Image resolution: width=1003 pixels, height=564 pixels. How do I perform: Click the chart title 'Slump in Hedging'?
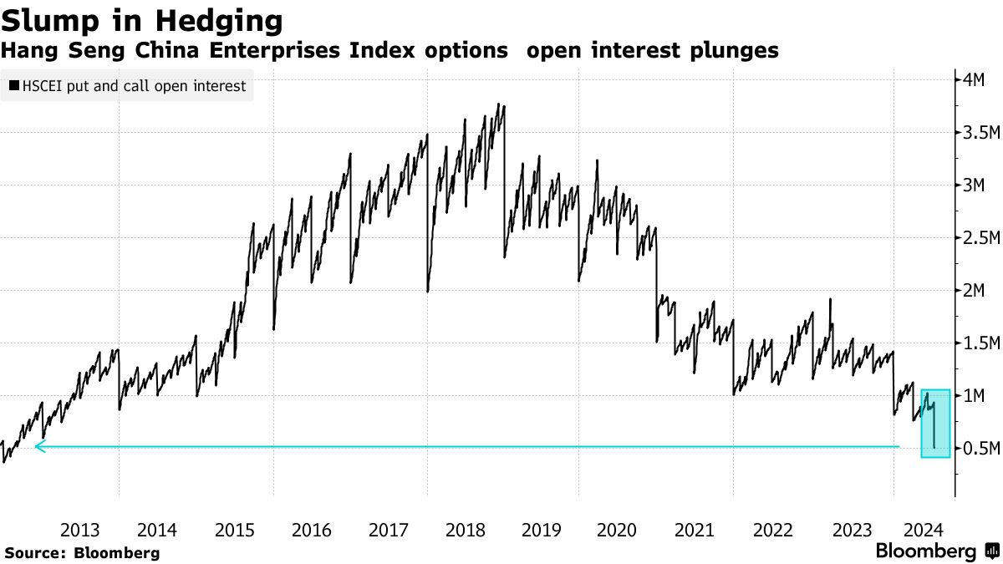[x=141, y=20]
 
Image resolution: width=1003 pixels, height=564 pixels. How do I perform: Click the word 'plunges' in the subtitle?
[x=736, y=51]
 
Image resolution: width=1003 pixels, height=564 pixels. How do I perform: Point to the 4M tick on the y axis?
[x=975, y=80]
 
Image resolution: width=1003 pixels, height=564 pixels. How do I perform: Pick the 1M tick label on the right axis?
[x=975, y=396]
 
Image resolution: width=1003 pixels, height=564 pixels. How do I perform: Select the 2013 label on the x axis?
[x=80, y=530]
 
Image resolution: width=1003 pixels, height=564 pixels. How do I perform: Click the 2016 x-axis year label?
[x=312, y=530]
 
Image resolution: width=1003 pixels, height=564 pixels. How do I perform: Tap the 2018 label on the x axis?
[x=466, y=530]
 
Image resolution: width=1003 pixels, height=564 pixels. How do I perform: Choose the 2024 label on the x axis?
[x=925, y=530]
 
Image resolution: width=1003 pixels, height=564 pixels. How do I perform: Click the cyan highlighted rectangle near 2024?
[x=935, y=424]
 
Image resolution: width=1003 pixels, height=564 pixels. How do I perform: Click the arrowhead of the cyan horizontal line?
[x=39, y=447]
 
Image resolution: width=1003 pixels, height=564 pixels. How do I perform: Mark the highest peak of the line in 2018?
[x=499, y=104]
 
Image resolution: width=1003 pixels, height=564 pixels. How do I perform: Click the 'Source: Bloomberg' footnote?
[x=81, y=552]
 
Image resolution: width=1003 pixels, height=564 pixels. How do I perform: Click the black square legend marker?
[x=14, y=86]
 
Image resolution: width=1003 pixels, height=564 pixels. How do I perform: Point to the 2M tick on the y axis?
[x=975, y=291]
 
